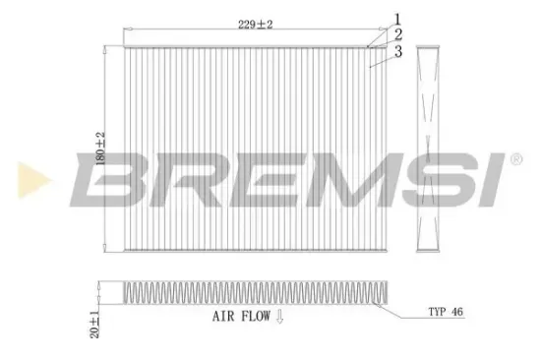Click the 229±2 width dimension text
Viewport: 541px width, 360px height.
pos(255,25)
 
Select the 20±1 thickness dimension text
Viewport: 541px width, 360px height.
pos(95,298)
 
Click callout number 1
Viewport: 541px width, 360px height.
pos(397,18)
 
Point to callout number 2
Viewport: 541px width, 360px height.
pos(397,33)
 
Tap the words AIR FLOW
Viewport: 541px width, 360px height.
pos(240,317)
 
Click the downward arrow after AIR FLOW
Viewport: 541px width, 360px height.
pos(279,317)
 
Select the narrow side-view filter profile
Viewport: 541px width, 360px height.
pos(428,150)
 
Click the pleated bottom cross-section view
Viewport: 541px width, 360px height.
pos(256,293)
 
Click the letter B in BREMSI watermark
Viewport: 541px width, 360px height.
pos(109,179)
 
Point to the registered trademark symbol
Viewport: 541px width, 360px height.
pos(514,157)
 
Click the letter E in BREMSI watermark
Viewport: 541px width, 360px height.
pos(254,179)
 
